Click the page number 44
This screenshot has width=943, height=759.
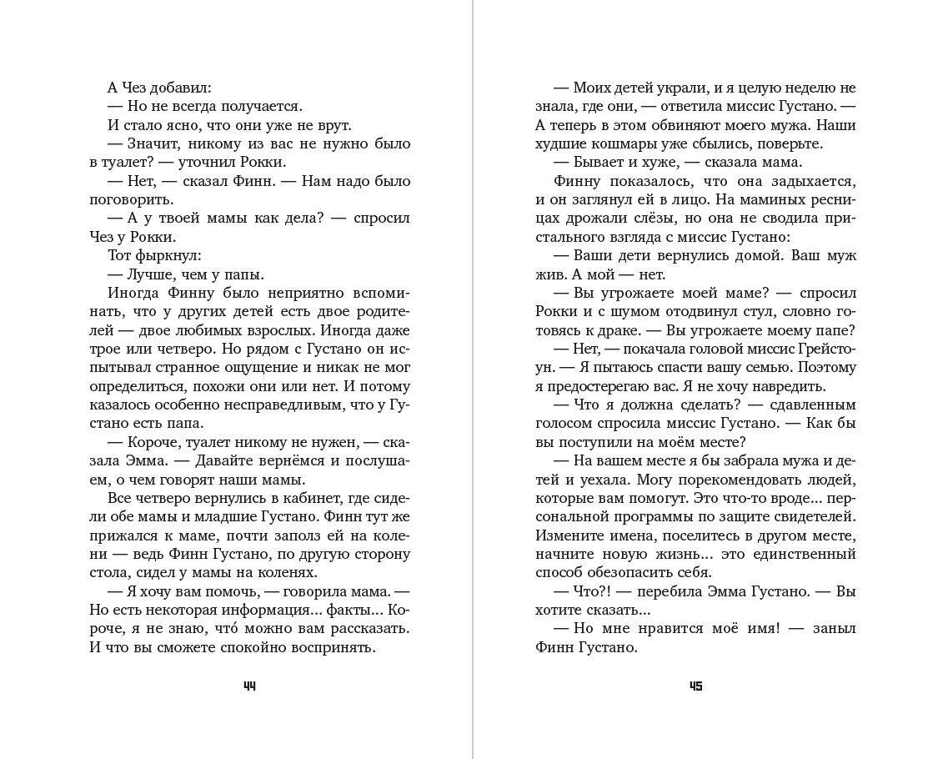(x=249, y=686)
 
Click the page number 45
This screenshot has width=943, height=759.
(x=695, y=686)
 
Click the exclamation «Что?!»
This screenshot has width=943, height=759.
(x=597, y=591)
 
